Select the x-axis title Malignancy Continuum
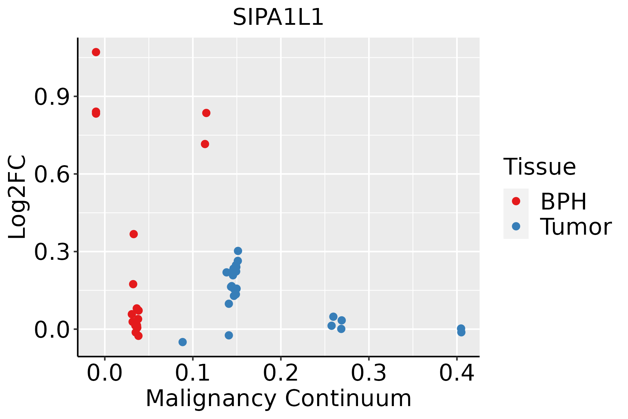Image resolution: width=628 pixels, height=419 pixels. pyautogui.click(x=278, y=398)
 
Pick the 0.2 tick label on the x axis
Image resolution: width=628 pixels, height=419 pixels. pyautogui.click(x=281, y=373)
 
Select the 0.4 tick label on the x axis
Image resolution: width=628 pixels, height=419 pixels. pyautogui.click(x=456, y=373)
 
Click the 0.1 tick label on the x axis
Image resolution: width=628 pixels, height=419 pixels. pyautogui.click(x=193, y=373)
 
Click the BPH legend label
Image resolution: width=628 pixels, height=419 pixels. pyautogui.click(x=563, y=201)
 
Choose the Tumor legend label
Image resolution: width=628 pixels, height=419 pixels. pyautogui.click(x=576, y=227)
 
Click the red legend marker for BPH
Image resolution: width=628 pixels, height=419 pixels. pyautogui.click(x=516, y=201)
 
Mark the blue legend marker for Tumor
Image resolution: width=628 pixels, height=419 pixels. pyautogui.click(x=516, y=226)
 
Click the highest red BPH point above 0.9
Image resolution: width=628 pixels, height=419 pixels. pyautogui.click(x=96, y=52)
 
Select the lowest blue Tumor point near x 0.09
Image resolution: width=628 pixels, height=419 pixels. pyautogui.click(x=182, y=342)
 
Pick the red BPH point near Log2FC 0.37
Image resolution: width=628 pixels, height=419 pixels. pyautogui.click(x=134, y=234)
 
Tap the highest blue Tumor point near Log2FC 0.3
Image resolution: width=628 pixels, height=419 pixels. pyautogui.click(x=238, y=251)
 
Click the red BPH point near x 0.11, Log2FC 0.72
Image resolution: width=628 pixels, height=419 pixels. pyautogui.click(x=205, y=144)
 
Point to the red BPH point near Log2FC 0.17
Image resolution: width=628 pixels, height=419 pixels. pyautogui.click(x=133, y=284)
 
